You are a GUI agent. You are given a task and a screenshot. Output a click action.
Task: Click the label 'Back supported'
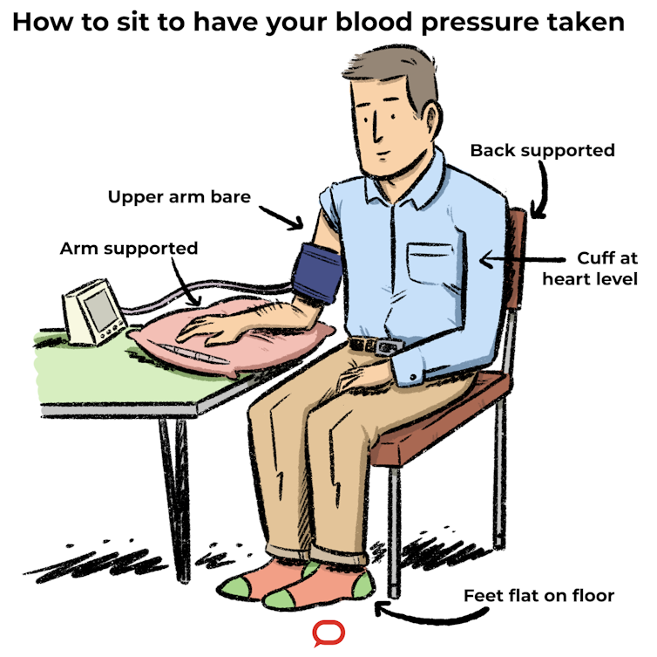coord(542,151)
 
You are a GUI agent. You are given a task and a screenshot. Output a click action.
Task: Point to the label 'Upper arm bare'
coord(179,197)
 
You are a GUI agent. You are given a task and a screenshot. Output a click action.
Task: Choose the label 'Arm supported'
coord(128,249)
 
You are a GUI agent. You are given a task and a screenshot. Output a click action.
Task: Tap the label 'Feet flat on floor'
coord(538,597)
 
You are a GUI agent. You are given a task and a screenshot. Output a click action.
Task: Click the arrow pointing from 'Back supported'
coord(540,192)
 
